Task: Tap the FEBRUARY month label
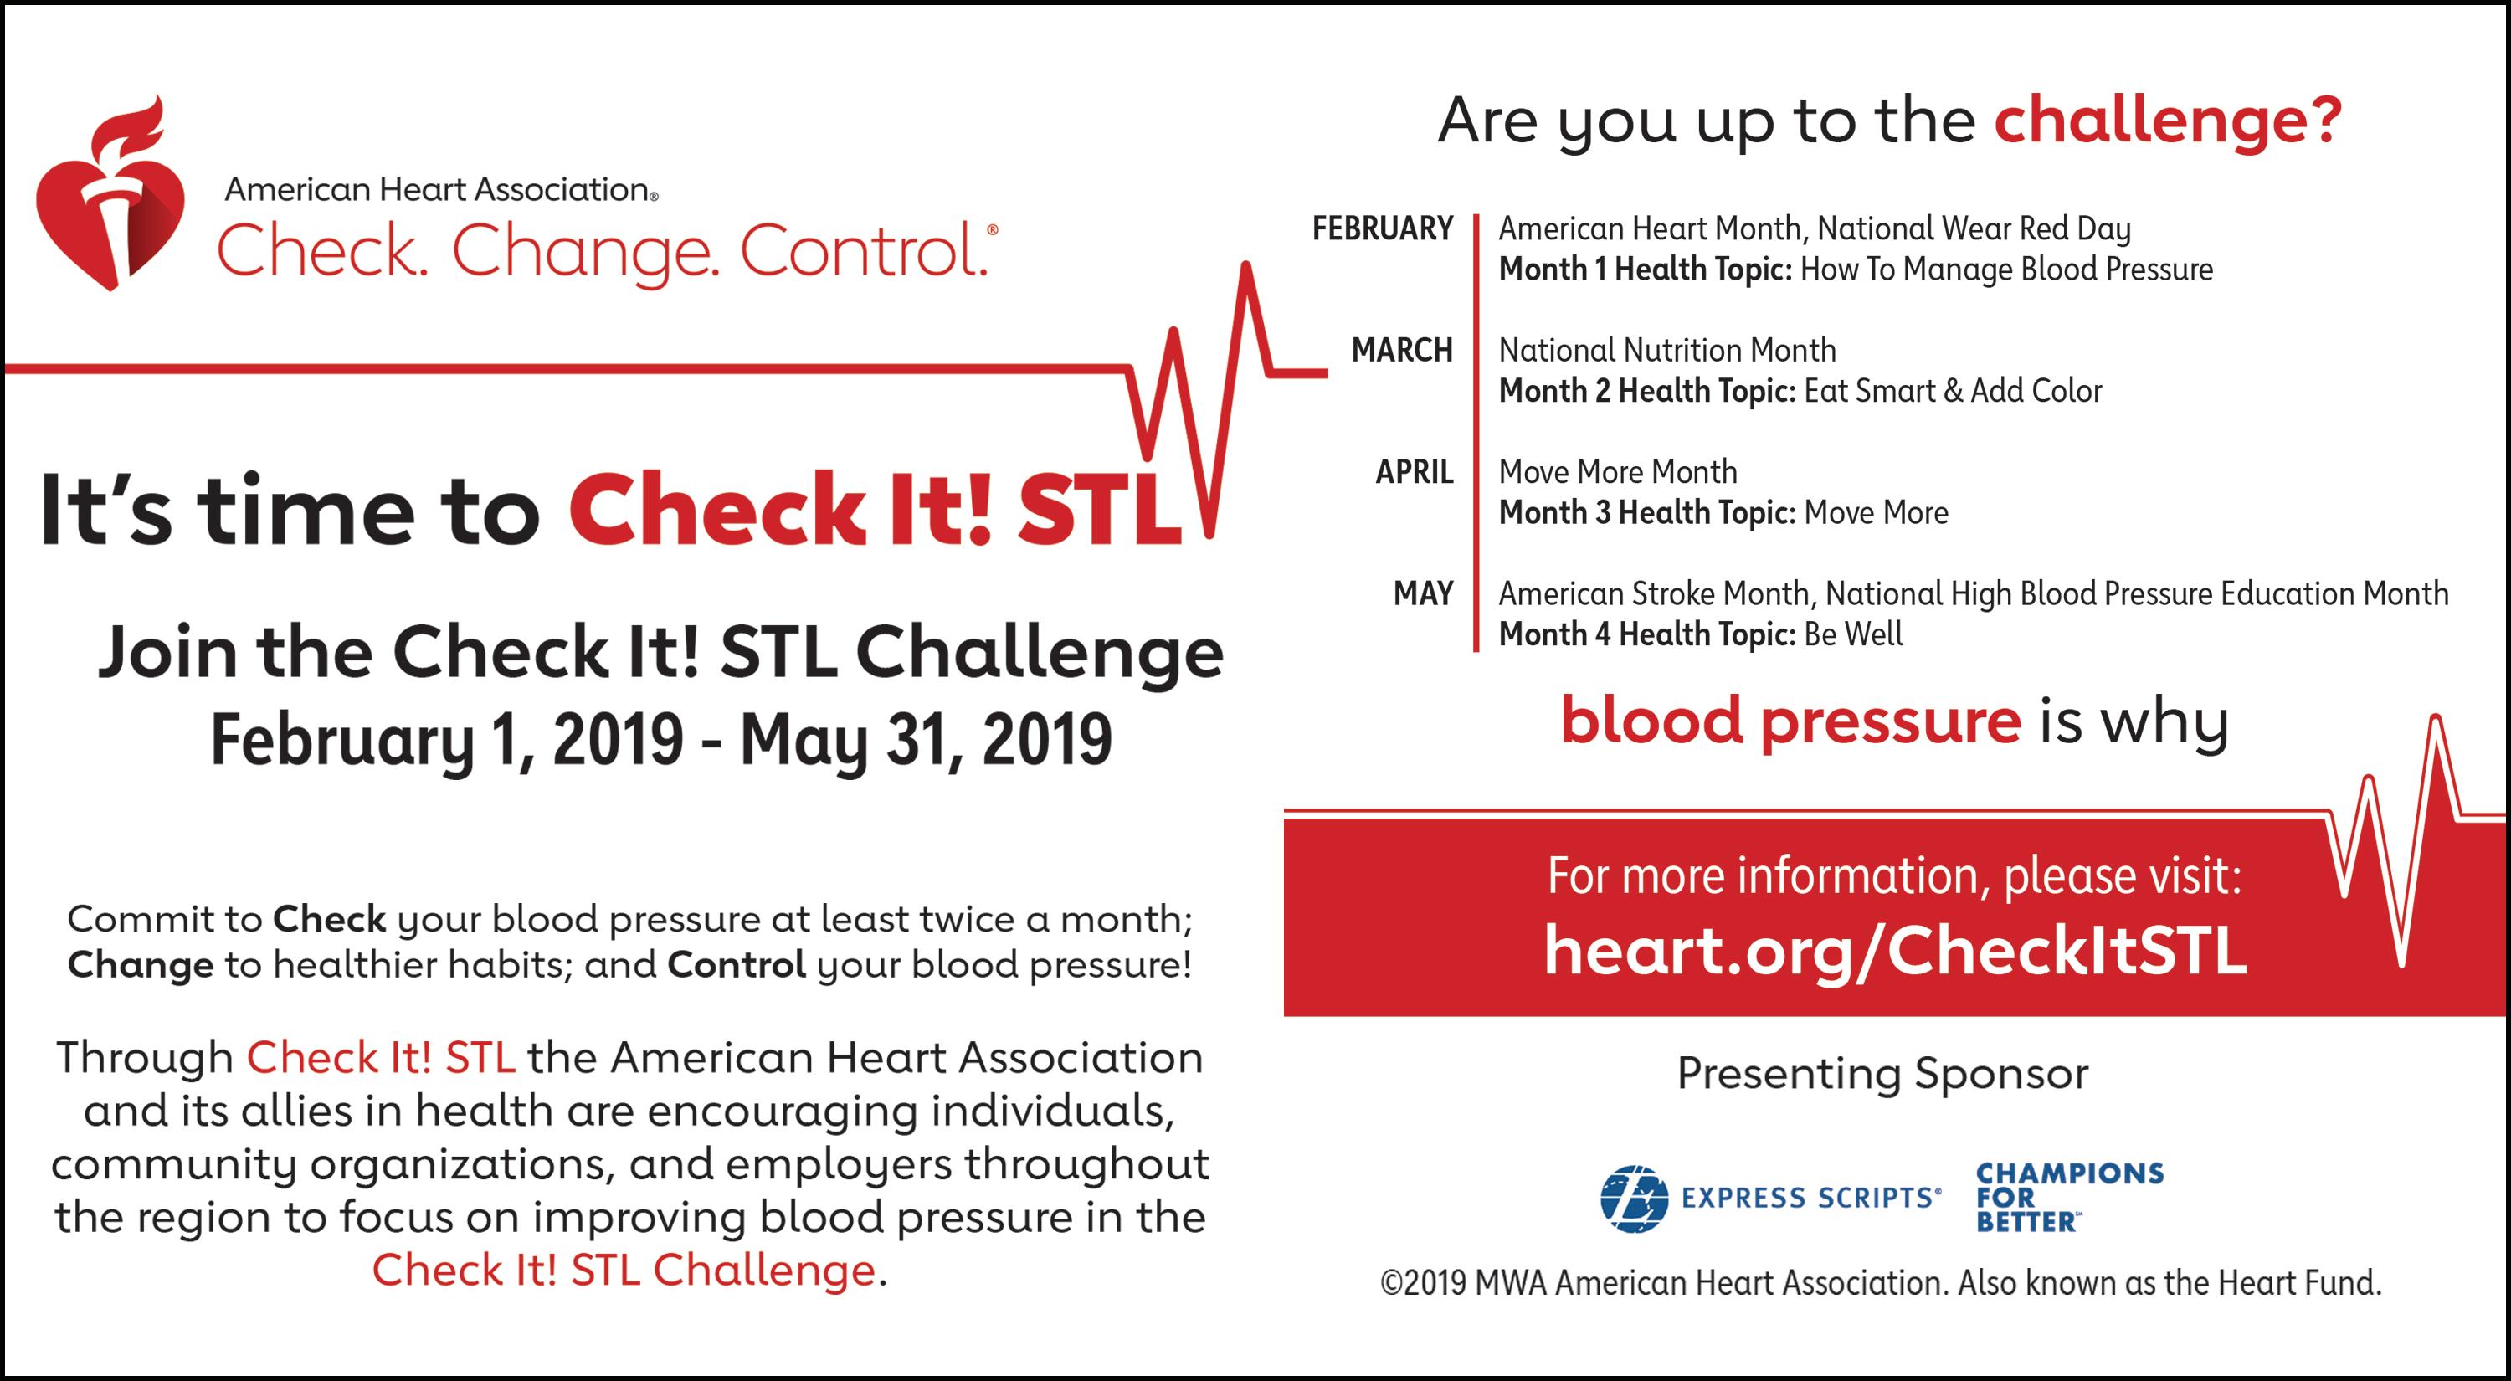click(1382, 228)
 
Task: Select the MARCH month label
click(1402, 350)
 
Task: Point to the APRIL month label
click(1415, 472)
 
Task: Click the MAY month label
click(1423, 593)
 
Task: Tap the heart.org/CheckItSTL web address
click(1895, 950)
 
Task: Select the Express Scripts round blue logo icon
click(1634, 1198)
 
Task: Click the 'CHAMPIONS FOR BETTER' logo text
click(2069, 1197)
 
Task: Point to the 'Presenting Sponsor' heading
click(1882, 1074)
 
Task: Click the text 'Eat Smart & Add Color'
click(1953, 391)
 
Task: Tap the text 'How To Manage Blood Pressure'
click(2006, 269)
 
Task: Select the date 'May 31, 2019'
click(926, 740)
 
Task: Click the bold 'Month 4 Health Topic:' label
click(1647, 634)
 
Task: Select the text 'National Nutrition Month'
click(1666, 350)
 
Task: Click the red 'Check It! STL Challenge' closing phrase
click(624, 1270)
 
